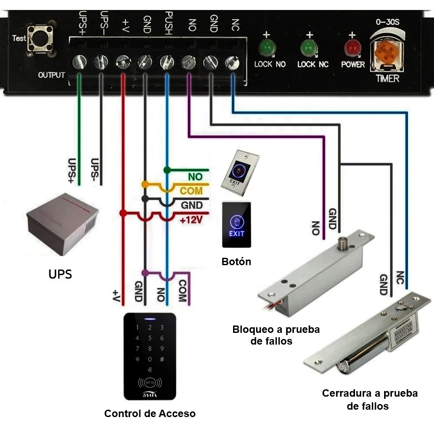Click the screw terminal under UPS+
(79, 62)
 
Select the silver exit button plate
(240, 172)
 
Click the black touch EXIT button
(237, 224)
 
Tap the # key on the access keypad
(162, 359)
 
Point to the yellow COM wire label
(191, 191)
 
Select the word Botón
(236, 262)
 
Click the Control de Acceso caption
(150, 414)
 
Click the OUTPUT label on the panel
(51, 75)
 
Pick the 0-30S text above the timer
(386, 22)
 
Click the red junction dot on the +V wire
(123, 213)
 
